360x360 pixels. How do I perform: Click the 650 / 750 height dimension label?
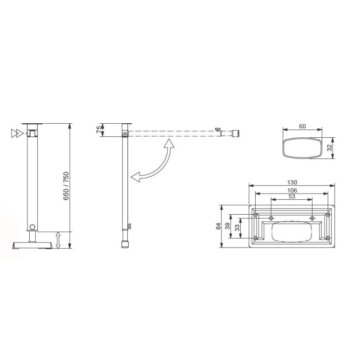coord(66,186)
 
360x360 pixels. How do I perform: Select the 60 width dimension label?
coord(302,126)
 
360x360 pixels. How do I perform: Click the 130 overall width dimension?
coord(292,182)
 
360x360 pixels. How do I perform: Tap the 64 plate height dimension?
coord(219,226)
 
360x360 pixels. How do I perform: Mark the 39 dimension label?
coord(227,226)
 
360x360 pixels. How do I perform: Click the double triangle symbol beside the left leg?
coord(17,133)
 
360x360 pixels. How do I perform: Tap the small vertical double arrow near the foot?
coord(58,240)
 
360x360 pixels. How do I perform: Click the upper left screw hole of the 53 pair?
coord(271,218)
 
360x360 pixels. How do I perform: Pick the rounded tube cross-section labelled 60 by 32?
coord(302,148)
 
